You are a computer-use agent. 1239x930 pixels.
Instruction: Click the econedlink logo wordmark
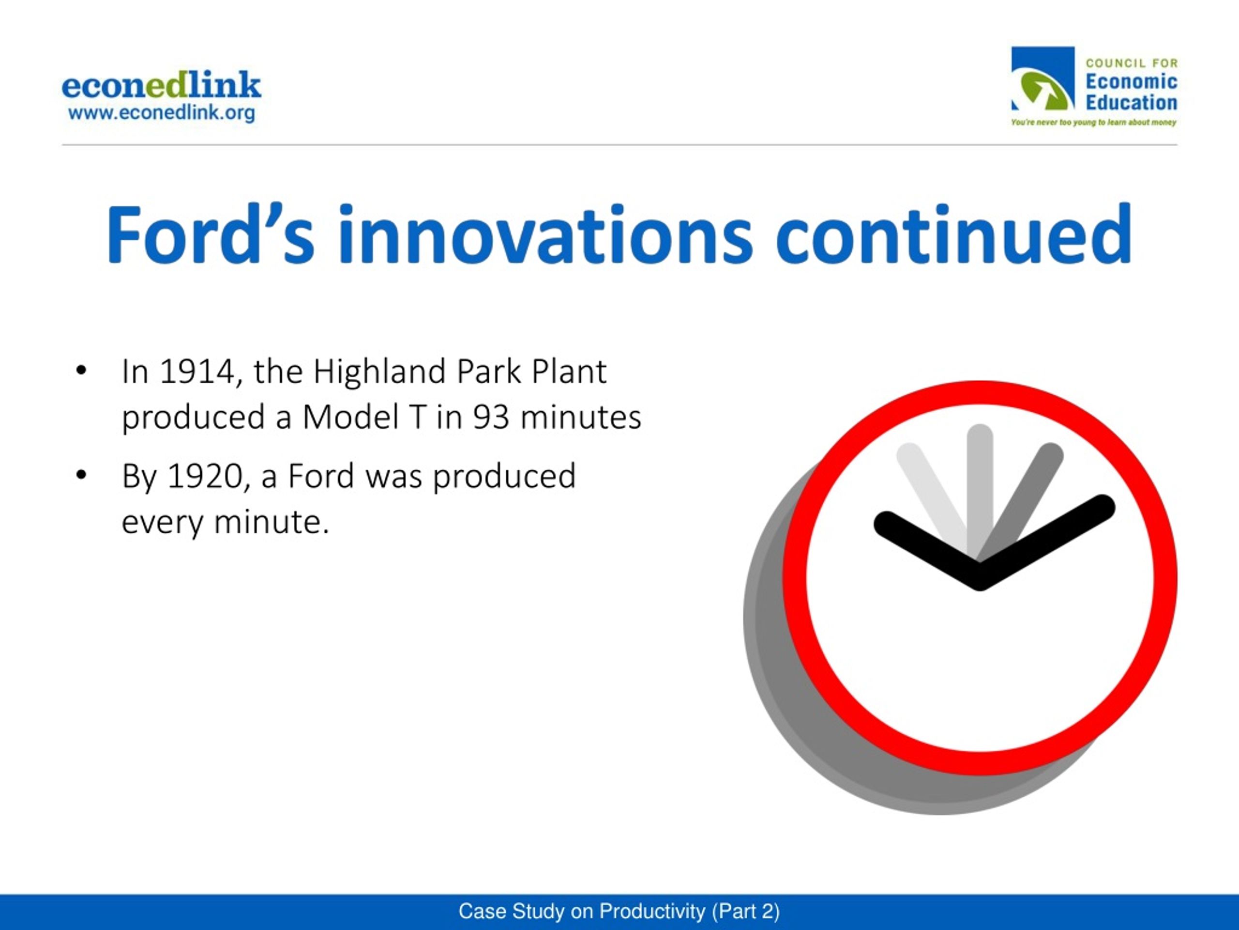pyautogui.click(x=161, y=85)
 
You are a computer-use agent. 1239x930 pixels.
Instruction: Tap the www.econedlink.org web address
pyautogui.click(x=161, y=113)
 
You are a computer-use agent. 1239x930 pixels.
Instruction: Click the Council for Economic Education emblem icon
pyautogui.click(x=1043, y=78)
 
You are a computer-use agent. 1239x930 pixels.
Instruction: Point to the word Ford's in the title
pyautogui.click(x=210, y=234)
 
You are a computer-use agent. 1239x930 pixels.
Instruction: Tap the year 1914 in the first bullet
pyautogui.click(x=197, y=372)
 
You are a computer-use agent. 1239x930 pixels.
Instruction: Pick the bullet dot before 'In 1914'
pyautogui.click(x=81, y=371)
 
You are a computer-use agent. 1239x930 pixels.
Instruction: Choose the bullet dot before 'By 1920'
pyautogui.click(x=81, y=475)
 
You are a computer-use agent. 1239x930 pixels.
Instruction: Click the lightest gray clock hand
pyautogui.click(x=933, y=493)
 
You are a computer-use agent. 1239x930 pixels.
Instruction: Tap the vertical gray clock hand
pyautogui.click(x=980, y=488)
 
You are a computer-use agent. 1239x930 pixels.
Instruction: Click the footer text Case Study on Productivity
pyautogui.click(x=582, y=912)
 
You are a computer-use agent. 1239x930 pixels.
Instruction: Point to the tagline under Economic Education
pyautogui.click(x=1093, y=122)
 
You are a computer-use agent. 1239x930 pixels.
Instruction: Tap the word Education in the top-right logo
pyautogui.click(x=1132, y=103)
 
